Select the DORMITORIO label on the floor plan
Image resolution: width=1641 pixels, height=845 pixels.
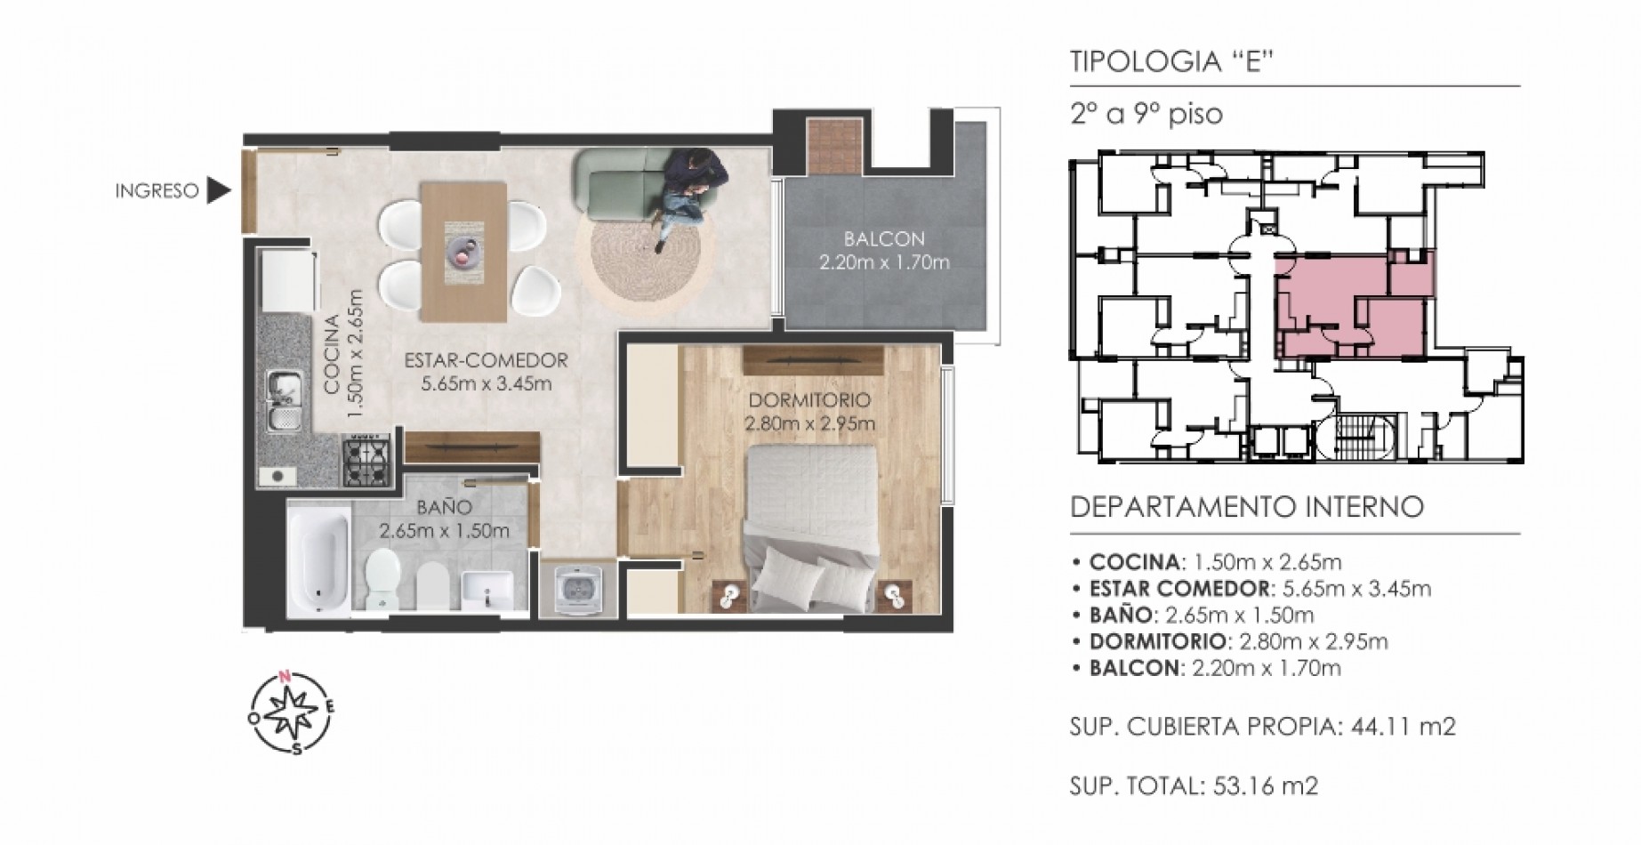coord(808,400)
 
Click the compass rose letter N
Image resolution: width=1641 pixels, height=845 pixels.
coord(286,677)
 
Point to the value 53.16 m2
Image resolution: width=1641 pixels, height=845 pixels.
coord(1260,785)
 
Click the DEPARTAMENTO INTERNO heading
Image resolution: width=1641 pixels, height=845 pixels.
coord(1247,507)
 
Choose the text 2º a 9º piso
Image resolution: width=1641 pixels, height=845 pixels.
coord(1146,115)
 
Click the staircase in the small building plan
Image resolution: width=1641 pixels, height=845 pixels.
coord(1362,437)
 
